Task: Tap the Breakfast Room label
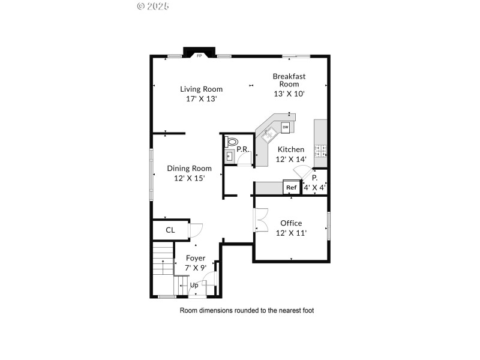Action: (289, 76)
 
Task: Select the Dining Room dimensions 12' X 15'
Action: (189, 178)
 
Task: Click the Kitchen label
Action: (290, 149)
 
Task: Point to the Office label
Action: (291, 223)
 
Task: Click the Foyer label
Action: (196, 258)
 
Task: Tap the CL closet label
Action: (170, 230)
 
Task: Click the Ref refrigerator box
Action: (292, 188)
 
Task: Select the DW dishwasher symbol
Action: (286, 127)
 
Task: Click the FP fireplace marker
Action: (199, 55)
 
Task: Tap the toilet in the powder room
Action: (231, 143)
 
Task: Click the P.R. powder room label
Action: (242, 149)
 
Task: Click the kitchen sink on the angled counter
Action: (269, 133)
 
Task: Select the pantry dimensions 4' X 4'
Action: (314, 188)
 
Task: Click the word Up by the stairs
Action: (194, 286)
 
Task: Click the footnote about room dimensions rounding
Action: (247, 311)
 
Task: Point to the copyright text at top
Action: (153, 6)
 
